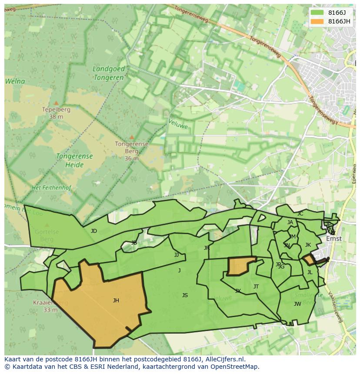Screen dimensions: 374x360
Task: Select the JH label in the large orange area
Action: click(x=116, y=301)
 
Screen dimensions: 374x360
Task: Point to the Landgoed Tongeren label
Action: click(x=109, y=73)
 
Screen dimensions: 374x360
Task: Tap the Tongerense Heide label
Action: click(x=74, y=160)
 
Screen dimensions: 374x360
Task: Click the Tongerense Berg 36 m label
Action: click(x=131, y=151)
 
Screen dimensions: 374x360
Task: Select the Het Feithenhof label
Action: click(x=51, y=188)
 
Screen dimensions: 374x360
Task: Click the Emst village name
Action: click(x=334, y=238)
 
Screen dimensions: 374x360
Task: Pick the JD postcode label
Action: click(x=94, y=231)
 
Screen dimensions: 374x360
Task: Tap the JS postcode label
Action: click(x=185, y=295)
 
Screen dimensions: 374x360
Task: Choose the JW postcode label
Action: click(x=297, y=304)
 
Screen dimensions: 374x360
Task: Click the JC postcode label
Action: click(x=300, y=214)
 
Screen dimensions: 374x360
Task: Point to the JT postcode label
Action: click(x=256, y=287)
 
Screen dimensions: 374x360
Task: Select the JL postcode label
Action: click(x=310, y=273)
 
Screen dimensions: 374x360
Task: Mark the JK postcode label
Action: click(x=308, y=245)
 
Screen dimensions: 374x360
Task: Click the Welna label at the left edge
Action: click(x=15, y=81)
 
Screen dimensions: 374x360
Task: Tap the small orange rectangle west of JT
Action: click(x=240, y=266)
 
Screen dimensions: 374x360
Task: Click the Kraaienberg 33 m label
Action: click(x=50, y=306)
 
